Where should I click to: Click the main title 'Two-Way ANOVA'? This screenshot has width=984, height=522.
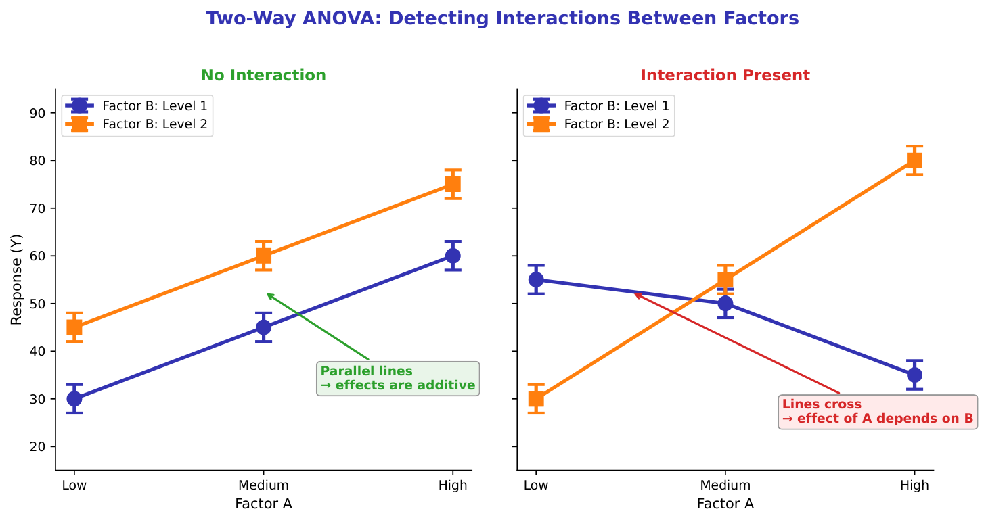click(x=502, y=18)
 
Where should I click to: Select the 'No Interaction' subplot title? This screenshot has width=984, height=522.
click(x=263, y=75)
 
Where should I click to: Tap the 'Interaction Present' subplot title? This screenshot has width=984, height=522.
click(x=725, y=75)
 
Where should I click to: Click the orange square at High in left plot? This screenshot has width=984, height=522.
click(x=453, y=185)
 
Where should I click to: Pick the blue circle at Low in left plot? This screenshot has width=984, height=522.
click(x=74, y=399)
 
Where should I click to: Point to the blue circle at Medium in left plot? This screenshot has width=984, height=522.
click(x=263, y=327)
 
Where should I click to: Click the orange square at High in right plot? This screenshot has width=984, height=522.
click(x=914, y=161)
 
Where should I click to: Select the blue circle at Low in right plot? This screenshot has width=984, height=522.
click(x=536, y=279)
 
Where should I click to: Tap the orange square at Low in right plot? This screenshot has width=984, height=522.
click(x=536, y=399)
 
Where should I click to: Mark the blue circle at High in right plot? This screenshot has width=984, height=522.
click(x=914, y=375)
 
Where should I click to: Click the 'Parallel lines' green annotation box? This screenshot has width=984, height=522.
click(x=398, y=379)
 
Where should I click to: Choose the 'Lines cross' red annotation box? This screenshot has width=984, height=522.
click(x=878, y=412)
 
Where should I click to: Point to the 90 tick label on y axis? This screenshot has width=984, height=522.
click(x=37, y=113)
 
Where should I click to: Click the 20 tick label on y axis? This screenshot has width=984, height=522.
click(x=37, y=446)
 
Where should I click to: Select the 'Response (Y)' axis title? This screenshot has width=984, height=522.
click(x=16, y=279)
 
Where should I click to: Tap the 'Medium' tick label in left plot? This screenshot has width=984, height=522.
click(x=263, y=485)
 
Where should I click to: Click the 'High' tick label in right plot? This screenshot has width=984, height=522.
click(x=914, y=485)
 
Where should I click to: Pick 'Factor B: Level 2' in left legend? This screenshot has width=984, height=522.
click(x=154, y=124)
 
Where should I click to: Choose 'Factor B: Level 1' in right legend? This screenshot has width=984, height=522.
click(x=616, y=105)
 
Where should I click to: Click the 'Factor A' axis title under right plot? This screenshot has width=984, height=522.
click(x=725, y=504)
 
